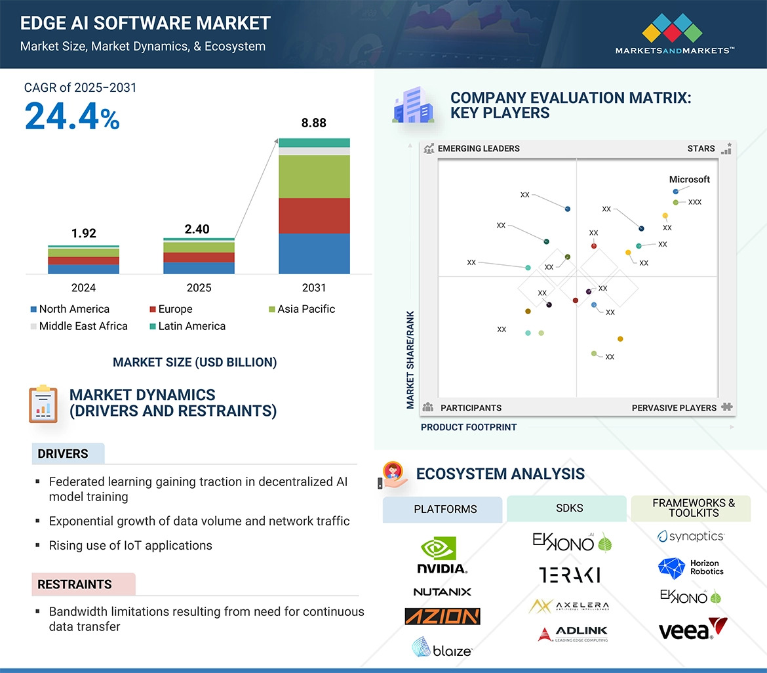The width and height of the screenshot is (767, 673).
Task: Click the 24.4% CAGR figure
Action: [72, 117]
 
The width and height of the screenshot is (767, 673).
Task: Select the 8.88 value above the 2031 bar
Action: [313, 123]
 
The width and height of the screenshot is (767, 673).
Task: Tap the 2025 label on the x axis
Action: [199, 288]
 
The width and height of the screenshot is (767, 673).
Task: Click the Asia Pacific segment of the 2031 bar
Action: [314, 176]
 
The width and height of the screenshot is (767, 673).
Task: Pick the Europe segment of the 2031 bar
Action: [314, 216]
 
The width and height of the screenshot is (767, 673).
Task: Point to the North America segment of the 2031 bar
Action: [314, 253]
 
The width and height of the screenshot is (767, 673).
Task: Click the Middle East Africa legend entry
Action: [78, 326]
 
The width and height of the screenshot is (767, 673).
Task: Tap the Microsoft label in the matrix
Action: [689, 180]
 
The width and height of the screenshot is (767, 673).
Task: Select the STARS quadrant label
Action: [701, 149]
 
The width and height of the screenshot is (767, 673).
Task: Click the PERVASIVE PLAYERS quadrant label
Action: [674, 408]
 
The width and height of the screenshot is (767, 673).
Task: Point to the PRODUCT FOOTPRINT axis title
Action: [468, 427]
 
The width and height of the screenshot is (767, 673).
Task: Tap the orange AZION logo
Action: [442, 617]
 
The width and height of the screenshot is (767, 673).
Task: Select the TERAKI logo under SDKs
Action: [569, 575]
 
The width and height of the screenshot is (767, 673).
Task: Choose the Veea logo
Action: [692, 629]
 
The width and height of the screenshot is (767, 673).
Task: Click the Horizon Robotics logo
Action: [690, 567]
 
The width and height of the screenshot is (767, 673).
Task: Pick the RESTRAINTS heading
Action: [74, 584]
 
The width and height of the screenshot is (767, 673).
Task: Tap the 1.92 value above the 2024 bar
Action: [83, 234]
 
